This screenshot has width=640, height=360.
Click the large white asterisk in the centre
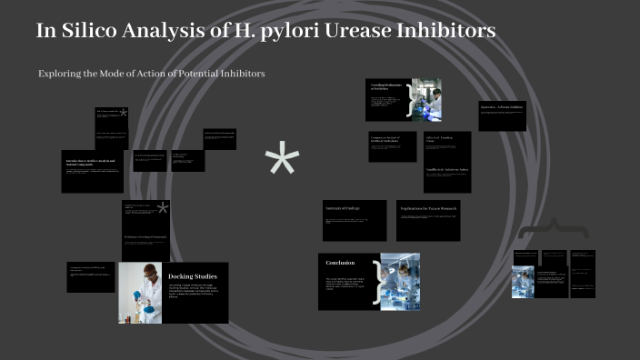pyautogui.click(x=282, y=162)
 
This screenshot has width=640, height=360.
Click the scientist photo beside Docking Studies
pyautogui.click(x=140, y=293)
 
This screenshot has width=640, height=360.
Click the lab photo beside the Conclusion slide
pyautogui.click(x=401, y=281)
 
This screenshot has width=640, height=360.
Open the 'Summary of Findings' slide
pyautogui.click(x=354, y=220)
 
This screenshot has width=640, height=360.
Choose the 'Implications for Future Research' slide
pyautogui.click(x=428, y=220)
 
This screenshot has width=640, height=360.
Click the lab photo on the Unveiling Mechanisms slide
pyautogui.click(x=426, y=100)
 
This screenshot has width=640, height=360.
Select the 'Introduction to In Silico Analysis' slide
pyautogui.click(x=92, y=170)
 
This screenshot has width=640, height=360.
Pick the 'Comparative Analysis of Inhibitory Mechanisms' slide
pyautogui.click(x=392, y=146)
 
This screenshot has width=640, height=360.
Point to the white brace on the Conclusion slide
pyautogui.click(x=376, y=282)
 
